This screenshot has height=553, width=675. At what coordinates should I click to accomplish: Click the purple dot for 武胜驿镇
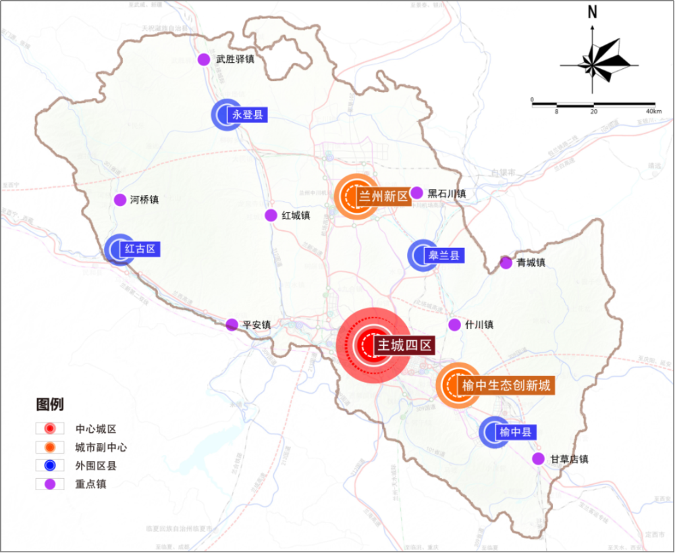204,59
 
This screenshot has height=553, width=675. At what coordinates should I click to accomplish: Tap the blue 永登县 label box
248,115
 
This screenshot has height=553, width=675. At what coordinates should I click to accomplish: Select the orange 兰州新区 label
383,196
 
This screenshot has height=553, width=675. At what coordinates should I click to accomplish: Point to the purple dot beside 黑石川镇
416,193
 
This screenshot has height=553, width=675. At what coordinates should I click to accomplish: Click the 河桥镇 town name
144,200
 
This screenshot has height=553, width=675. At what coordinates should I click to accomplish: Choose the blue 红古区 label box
140,248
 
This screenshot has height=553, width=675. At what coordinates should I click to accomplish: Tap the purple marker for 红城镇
271,215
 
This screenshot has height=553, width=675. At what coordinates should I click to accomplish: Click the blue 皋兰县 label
444,255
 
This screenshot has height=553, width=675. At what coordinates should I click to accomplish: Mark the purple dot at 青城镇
506,263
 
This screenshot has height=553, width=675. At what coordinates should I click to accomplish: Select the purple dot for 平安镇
232,325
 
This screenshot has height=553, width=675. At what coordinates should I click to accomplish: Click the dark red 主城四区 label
404,346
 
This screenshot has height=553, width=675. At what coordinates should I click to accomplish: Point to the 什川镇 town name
479,325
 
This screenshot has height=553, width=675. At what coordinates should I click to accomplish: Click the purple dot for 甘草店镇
538,459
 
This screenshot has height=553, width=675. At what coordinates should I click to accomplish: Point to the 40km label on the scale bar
653,111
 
